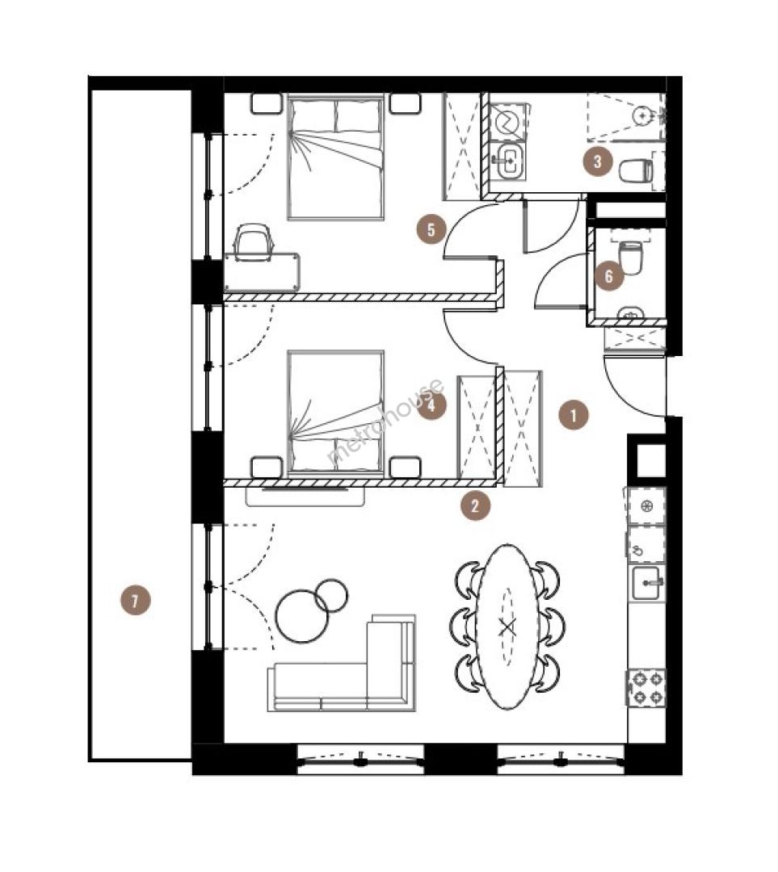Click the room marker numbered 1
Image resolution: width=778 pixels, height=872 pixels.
click(x=574, y=414)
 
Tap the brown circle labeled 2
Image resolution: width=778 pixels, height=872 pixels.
click(x=475, y=506)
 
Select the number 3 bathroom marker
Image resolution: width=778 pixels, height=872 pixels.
click(x=598, y=161)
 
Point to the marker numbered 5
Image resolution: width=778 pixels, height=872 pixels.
click(x=431, y=229)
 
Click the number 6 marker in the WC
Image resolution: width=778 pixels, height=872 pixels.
click(x=608, y=276)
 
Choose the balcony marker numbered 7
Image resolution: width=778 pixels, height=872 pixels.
click(x=135, y=600)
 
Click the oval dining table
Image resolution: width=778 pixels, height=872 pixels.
click(x=507, y=627)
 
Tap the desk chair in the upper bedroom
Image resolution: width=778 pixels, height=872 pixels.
click(x=254, y=241)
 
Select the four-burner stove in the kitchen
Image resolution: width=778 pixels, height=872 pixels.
click(x=646, y=687)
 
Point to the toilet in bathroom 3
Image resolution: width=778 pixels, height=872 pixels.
click(x=636, y=170)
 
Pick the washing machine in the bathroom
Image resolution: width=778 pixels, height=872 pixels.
click(x=507, y=121)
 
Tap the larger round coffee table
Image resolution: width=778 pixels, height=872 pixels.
click(x=302, y=615)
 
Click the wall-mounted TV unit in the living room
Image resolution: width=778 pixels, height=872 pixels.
click(x=305, y=496)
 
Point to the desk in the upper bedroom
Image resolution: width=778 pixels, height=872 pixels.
click(x=262, y=272)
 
